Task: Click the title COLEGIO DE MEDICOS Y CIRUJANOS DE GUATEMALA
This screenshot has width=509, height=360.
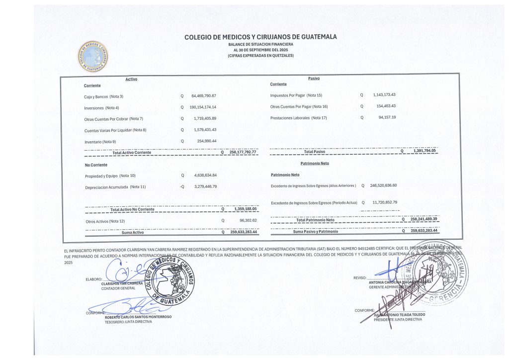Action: pos(260,37)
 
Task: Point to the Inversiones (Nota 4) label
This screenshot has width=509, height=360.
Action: pos(101,107)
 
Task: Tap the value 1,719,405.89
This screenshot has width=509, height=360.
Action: pos(205,119)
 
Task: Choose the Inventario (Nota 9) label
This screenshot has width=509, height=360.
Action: pos(100,142)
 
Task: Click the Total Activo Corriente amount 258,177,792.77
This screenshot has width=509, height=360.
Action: pos(243,152)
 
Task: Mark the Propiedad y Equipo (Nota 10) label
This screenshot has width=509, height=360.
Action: pos(110,176)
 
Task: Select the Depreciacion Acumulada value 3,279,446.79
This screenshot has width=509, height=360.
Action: pos(205,187)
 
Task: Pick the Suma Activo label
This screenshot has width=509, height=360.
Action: pos(132,232)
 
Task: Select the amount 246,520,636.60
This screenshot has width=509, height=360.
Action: pos(383,185)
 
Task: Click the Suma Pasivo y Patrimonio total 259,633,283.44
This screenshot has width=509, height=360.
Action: pos(424,231)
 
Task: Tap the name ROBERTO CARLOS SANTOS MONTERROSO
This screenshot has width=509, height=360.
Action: pos(138,317)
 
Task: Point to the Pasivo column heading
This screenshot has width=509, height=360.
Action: pos(314,79)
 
